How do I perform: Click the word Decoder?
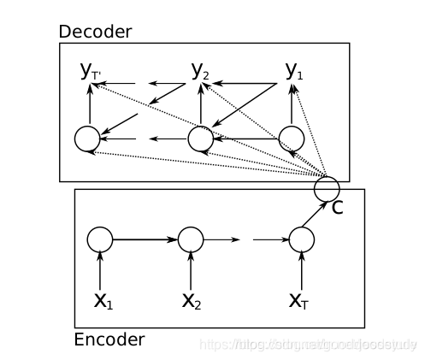point(94,32)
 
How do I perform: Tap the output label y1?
point(294,72)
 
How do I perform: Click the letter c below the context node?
point(337,207)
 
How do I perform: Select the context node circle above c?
point(326,186)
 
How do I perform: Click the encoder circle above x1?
point(100,239)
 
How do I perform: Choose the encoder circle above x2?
point(190,239)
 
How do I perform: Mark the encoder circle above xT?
point(302,239)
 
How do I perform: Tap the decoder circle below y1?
point(292,138)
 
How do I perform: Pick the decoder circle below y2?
point(200,138)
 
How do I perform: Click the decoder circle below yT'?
point(87,138)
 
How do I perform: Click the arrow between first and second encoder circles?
point(145,239)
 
